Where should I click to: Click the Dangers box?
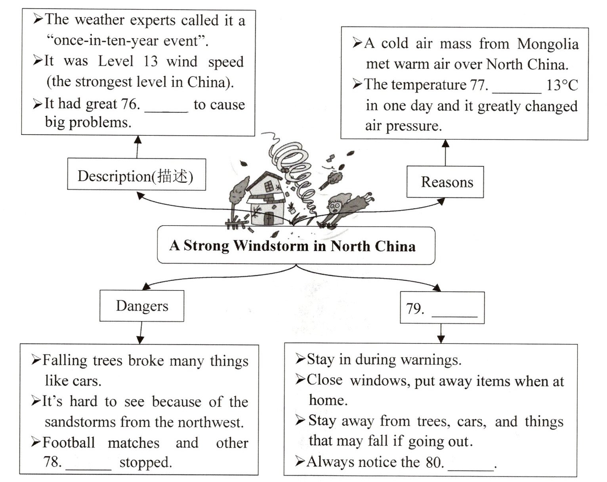pos(142,306)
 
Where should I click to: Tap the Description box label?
pos(136,175)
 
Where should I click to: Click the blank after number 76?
pos(166,106)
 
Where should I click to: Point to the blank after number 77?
pos(516,87)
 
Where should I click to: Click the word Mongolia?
pos(548,44)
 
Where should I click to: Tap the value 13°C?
pos(562,85)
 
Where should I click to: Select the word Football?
pos(69,442)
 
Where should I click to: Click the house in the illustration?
pos(265,200)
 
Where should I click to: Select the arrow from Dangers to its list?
pos(140,332)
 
